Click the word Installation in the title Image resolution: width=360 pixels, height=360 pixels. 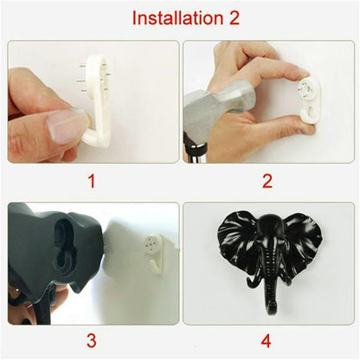(x=163, y=18)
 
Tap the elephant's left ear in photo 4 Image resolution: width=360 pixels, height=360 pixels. (x=234, y=238)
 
